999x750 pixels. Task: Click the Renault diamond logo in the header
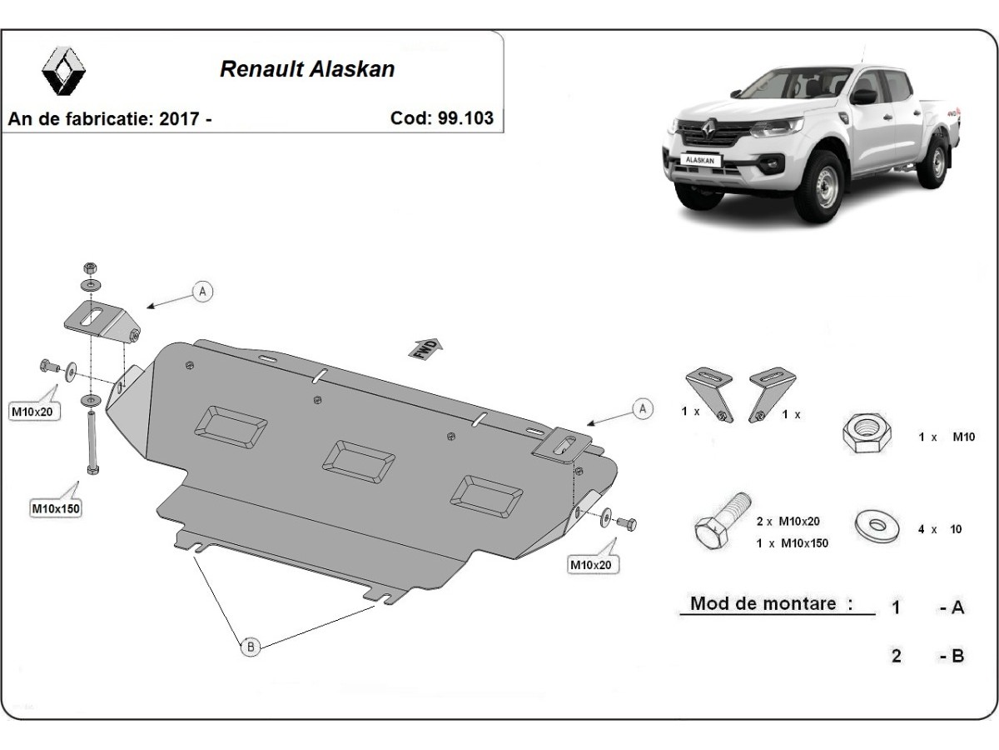coord(66,70)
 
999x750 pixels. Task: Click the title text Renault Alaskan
coord(306,69)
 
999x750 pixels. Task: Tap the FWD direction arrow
coord(426,348)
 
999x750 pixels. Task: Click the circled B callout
coord(249,646)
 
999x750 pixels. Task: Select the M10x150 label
coord(56,507)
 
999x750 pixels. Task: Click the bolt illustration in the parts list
coord(720,522)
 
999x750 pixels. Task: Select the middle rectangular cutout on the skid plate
coord(359,460)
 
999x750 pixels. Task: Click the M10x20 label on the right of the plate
coord(590,565)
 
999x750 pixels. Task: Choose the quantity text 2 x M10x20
coord(788,522)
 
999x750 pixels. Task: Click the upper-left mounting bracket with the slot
coord(99,322)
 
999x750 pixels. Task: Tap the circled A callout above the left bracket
coord(203,291)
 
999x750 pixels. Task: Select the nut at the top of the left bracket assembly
coord(90,269)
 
